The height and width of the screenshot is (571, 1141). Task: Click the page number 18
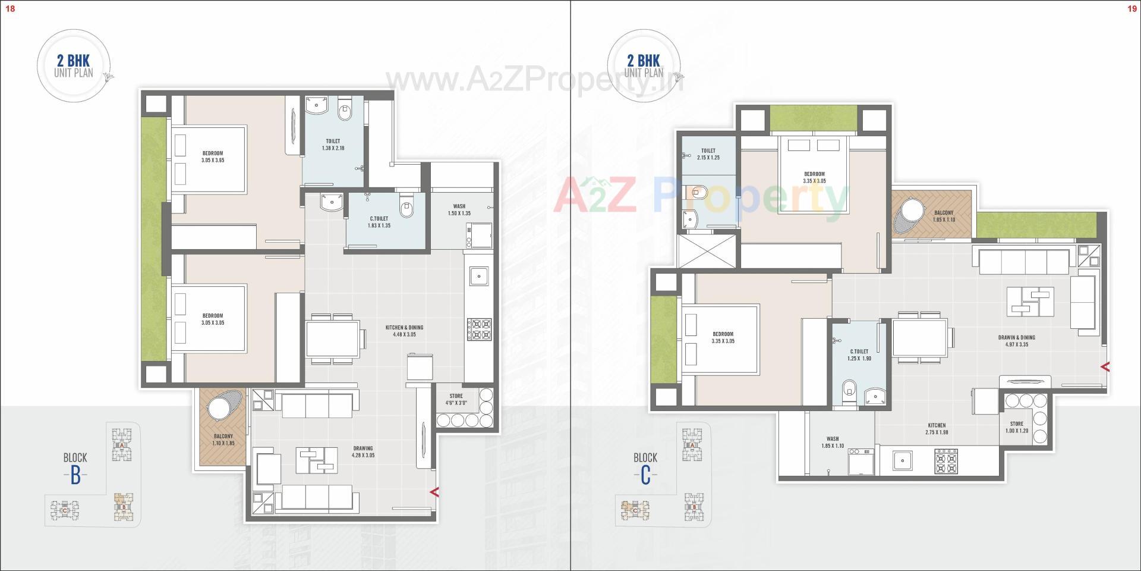tap(10, 8)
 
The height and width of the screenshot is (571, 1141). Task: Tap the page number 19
tap(1131, 8)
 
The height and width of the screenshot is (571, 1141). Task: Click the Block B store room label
tap(456, 399)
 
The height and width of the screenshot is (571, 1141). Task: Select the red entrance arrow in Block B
tap(434, 492)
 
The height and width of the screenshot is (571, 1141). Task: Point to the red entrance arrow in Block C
tap(1105, 367)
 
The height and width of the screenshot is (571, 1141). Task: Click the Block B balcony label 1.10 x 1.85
tap(223, 440)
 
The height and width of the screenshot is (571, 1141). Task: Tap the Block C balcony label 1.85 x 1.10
tap(944, 216)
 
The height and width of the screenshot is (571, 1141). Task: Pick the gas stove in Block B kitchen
tap(479, 330)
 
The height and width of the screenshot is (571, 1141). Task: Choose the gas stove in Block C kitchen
tap(946, 461)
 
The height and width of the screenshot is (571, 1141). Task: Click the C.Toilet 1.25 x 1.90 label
tap(859, 355)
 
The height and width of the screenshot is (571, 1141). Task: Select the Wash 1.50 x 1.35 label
tap(459, 209)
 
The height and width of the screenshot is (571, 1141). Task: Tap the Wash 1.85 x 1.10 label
tap(832, 442)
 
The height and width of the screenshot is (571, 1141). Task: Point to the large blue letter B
tap(75, 476)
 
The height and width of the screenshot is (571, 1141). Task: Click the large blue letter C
tap(645, 476)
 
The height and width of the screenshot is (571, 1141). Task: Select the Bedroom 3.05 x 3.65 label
tap(213, 156)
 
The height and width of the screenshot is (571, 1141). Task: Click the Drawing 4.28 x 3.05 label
tap(363, 451)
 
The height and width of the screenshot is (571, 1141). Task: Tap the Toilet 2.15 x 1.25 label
tap(708, 154)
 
